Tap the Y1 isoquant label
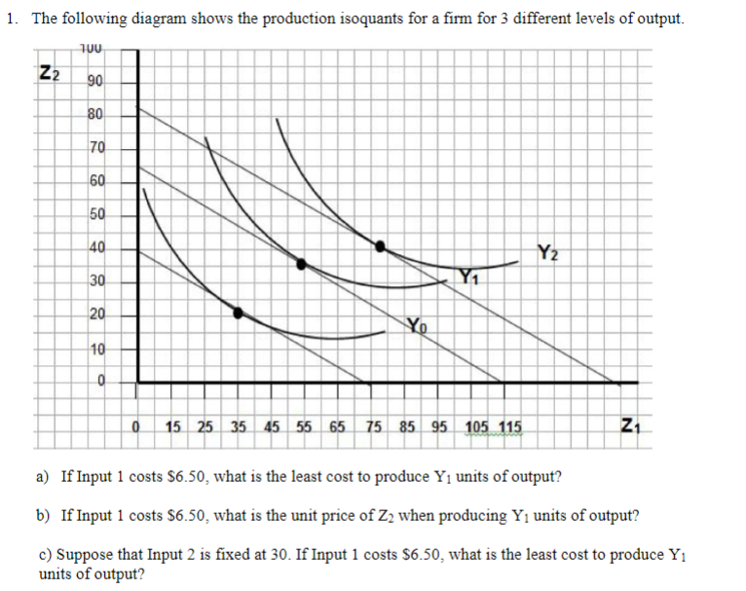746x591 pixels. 472,277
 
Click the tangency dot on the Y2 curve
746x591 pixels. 381,244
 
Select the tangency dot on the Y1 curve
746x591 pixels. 301,263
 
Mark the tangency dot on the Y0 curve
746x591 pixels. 238,312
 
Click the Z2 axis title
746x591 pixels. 49,72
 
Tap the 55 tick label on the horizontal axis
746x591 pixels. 304,426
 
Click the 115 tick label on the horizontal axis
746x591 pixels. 508,426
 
